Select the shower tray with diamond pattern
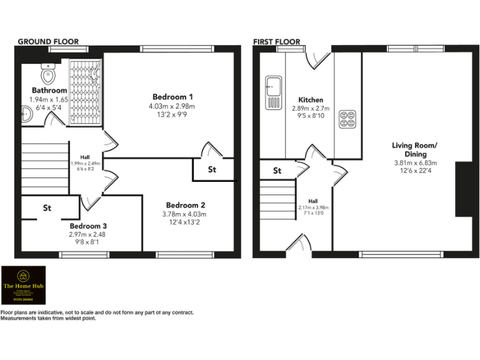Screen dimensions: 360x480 [84, 91]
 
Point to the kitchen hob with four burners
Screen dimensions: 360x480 [347, 119]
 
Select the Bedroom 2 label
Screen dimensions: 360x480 [185, 205]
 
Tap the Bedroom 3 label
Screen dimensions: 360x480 [88, 226]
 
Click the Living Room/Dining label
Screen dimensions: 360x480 [414, 149]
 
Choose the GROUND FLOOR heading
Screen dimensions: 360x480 [48, 42]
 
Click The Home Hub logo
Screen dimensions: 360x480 [23, 286]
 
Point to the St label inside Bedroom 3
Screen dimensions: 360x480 [47, 207]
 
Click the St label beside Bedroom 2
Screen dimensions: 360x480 [212, 169]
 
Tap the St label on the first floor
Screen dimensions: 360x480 [277, 171]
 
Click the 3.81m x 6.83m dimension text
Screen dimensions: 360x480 [414, 163]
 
